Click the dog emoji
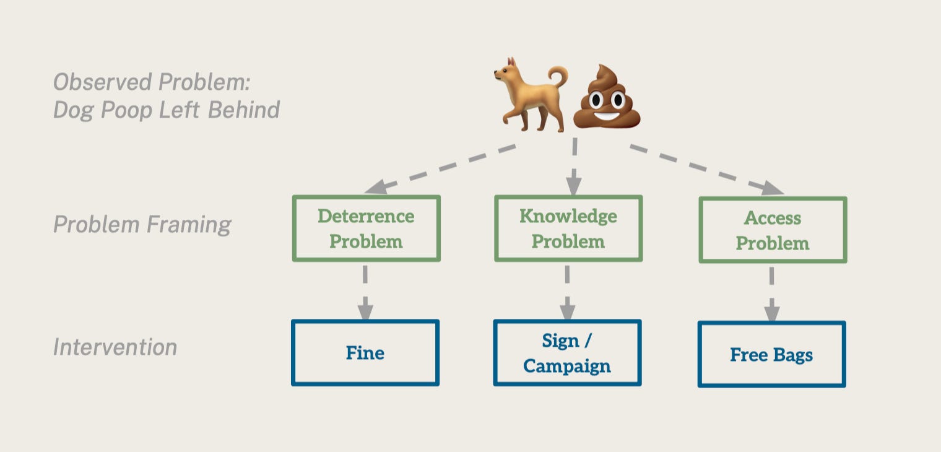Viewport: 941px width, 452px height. point(530,95)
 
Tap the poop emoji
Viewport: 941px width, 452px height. point(607,97)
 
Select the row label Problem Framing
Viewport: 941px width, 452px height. point(142,225)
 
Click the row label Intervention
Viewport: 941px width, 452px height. point(115,347)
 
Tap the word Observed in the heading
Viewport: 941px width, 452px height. point(102,82)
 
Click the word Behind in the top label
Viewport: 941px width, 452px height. point(244,110)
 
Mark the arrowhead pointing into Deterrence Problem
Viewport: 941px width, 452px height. point(376,187)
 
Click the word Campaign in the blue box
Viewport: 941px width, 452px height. point(567,366)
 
